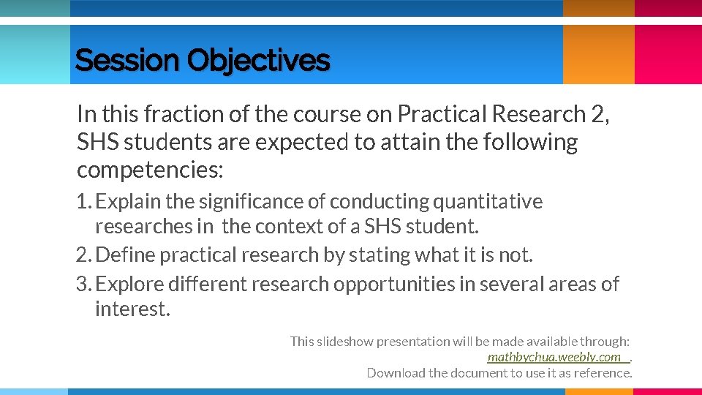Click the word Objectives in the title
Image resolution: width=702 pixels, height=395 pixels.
[x=258, y=61]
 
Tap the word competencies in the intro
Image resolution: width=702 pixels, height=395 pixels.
[x=149, y=170]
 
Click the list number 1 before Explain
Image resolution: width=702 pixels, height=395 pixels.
[x=82, y=201]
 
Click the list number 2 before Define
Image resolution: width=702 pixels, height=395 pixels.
[x=82, y=255]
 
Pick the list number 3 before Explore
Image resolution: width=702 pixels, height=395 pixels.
[x=82, y=284]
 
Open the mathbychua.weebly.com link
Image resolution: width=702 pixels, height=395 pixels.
[x=554, y=357]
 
